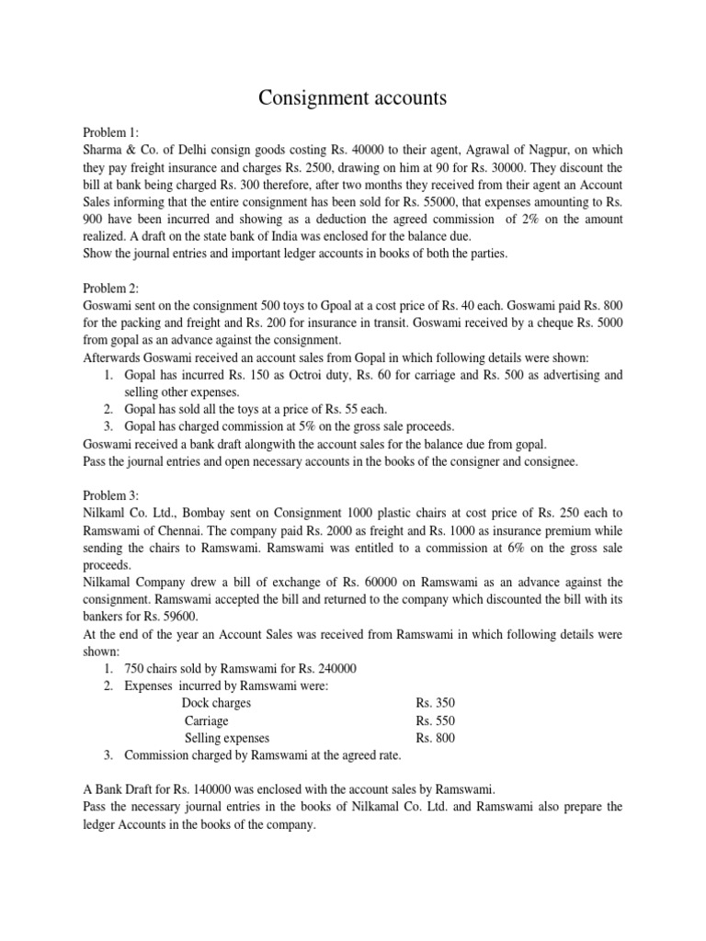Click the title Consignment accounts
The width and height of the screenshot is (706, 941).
(x=352, y=97)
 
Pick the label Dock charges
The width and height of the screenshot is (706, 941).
(x=217, y=703)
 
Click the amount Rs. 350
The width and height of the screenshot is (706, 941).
(x=435, y=703)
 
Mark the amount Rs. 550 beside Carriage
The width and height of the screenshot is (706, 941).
(x=435, y=720)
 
